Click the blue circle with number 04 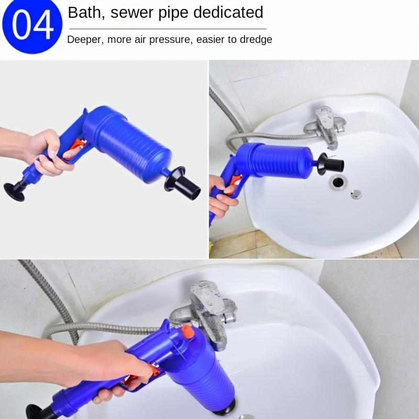[x=32, y=25]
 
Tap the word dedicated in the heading [x=228, y=12]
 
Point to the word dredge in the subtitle [x=256, y=40]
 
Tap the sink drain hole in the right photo [x=338, y=182]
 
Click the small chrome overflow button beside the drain [x=356, y=194]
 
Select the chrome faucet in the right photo [x=326, y=126]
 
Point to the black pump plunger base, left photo [x=15, y=191]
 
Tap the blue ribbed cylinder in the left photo [x=128, y=145]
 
